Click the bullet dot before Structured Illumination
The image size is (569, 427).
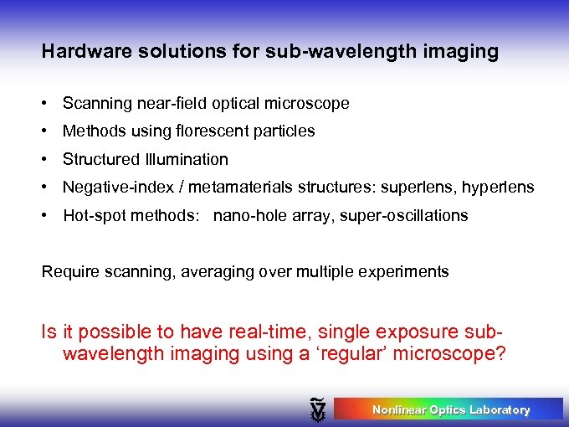click(49, 159)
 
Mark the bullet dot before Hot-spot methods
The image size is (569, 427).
click(49, 216)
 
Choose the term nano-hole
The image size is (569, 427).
click(246, 216)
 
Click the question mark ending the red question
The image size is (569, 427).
click(500, 353)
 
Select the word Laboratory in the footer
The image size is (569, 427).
click(500, 410)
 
